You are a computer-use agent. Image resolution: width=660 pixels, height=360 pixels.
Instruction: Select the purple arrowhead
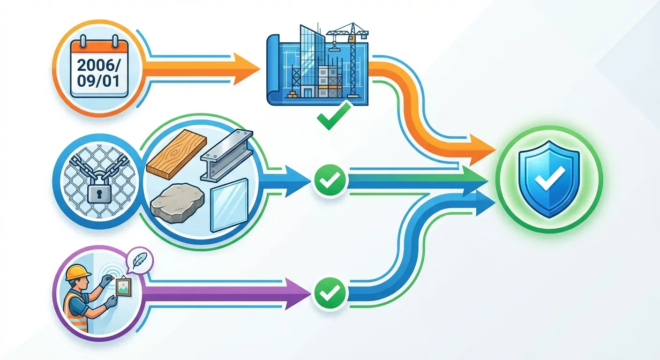[298, 294]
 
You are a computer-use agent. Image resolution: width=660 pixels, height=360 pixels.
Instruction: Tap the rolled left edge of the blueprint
[272, 70]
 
